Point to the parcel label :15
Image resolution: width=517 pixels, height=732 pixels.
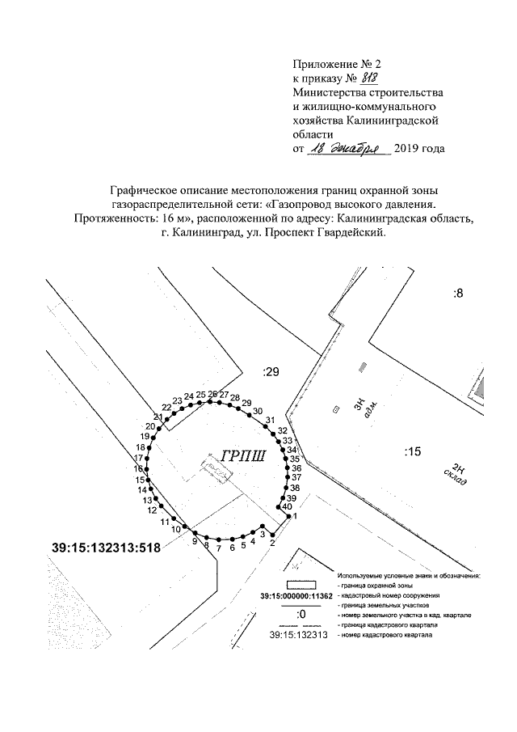click(x=412, y=451)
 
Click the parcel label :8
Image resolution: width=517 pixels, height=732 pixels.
click(x=458, y=293)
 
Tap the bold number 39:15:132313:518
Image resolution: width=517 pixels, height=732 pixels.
click(x=102, y=547)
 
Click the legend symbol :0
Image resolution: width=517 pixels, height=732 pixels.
click(x=301, y=615)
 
